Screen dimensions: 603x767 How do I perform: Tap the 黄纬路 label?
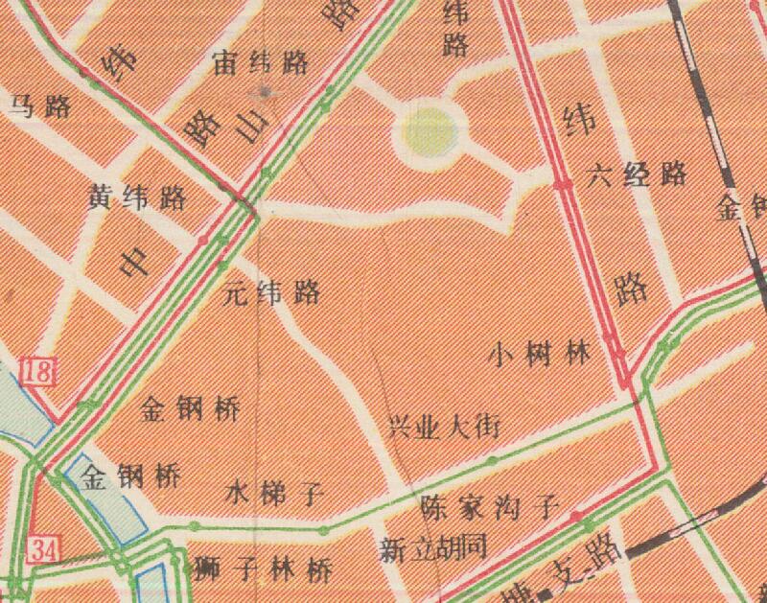(x=136, y=198)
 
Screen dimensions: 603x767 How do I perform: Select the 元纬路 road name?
(x=271, y=292)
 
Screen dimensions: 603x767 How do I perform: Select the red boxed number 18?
(x=39, y=372)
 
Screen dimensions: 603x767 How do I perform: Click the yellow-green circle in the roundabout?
(x=428, y=130)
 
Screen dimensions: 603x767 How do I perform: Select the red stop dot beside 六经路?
(x=562, y=184)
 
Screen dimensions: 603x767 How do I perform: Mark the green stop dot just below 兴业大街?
(x=492, y=462)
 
